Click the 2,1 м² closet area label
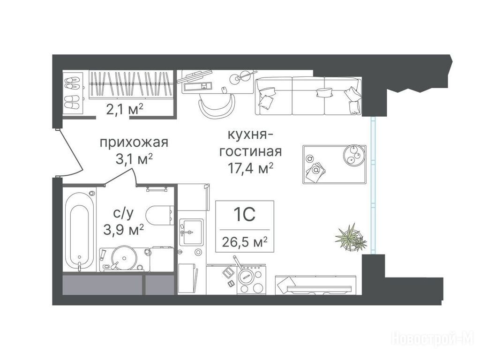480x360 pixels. tap(124, 109)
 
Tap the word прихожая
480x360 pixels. tap(134, 142)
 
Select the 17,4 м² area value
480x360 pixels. tap(250, 168)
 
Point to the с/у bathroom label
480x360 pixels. tap(123, 213)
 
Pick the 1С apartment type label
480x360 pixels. tap(244, 214)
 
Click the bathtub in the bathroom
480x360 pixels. tap(79, 231)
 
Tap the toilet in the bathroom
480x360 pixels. tap(160, 215)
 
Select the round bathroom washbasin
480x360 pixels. tap(124, 257)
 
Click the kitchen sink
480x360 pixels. tap(191, 232)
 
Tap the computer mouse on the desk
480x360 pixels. tap(224, 90)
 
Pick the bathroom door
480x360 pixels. tap(121, 176)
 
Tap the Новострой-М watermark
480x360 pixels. tap(432, 339)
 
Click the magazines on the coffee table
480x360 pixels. tap(315, 172)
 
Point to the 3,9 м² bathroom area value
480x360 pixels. tap(124, 230)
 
